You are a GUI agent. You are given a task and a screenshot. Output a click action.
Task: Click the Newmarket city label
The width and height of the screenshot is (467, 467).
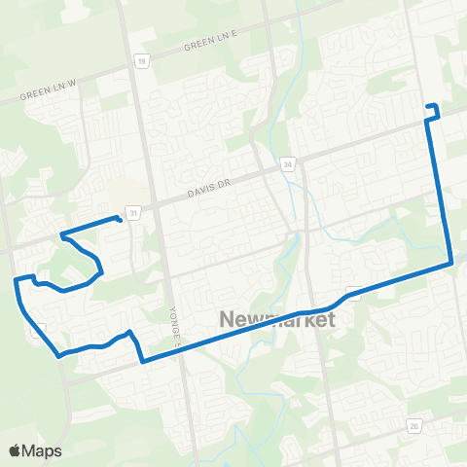coord(277,319)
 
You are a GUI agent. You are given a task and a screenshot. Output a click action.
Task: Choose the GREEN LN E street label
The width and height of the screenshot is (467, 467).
coord(209,44)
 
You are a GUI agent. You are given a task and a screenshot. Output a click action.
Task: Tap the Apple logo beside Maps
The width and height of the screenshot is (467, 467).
coord(16,450)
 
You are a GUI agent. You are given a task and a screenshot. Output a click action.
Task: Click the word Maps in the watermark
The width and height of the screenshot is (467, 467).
coord(43,450)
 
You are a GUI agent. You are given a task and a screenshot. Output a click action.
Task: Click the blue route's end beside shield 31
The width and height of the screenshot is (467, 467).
coord(119,219)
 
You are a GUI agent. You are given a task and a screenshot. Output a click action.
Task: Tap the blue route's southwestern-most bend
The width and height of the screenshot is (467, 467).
coord(60,355)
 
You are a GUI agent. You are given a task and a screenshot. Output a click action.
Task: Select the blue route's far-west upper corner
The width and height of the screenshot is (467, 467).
coord(16,280)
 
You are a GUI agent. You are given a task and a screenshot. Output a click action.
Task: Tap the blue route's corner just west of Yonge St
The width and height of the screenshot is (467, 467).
coord(143,362)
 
